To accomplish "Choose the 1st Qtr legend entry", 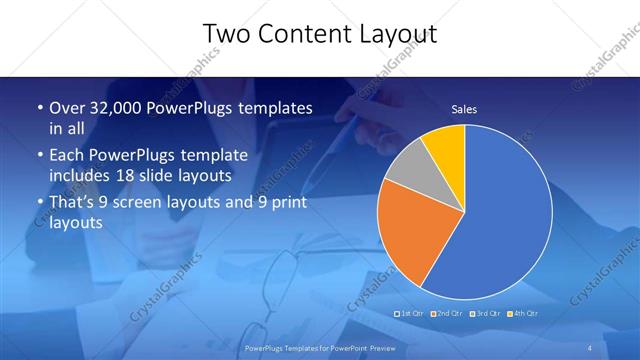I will pyautogui.click(x=411, y=314).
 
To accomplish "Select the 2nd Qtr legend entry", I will pyautogui.click(x=446, y=314).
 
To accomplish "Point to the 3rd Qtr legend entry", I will pyautogui.click(x=482, y=314).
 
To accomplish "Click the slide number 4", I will pyautogui.click(x=590, y=346).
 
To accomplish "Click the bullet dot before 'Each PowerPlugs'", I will pyautogui.click(x=39, y=156).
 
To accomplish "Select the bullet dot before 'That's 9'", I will pyautogui.click(x=39, y=203).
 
